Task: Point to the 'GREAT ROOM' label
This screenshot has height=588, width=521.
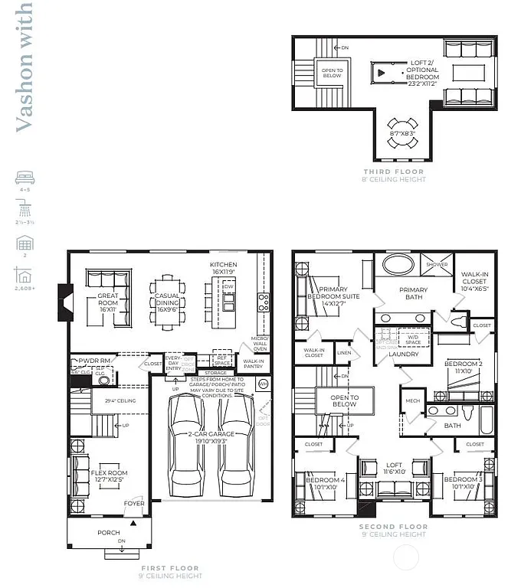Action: pos(107,299)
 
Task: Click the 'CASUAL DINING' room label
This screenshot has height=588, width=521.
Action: pos(167,299)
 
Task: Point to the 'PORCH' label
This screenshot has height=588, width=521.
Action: pos(108,532)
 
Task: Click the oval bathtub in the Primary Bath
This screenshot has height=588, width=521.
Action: pos(401,267)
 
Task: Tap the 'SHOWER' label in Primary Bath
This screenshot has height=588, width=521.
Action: pos(437,264)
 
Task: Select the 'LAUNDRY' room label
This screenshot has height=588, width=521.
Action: pos(403,354)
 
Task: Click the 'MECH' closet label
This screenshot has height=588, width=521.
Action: pos(413,400)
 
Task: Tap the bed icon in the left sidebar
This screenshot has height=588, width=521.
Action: pos(24,179)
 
